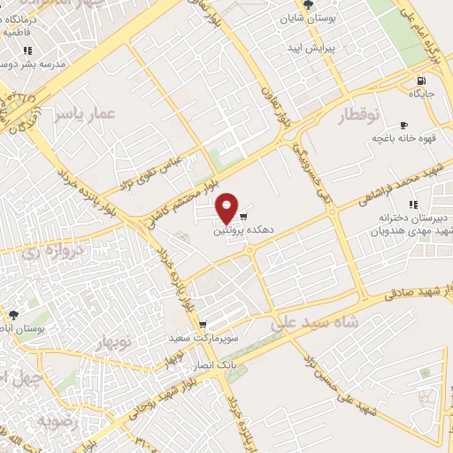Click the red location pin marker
(227, 208)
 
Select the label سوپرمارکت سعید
(204, 338)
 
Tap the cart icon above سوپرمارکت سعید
(203, 325)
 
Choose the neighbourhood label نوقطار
(358, 115)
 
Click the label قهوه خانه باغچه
(401, 139)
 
